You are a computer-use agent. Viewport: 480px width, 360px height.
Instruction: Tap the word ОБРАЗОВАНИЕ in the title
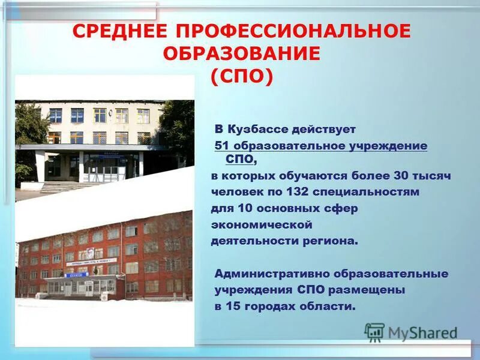pos(241,54)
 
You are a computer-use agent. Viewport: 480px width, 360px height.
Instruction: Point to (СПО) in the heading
pos(242,76)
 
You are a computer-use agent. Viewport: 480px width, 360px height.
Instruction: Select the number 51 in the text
pos(223,146)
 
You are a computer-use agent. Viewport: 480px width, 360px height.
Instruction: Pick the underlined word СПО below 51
pos(239,160)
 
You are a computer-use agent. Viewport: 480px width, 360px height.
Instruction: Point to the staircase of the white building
pos(66,187)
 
